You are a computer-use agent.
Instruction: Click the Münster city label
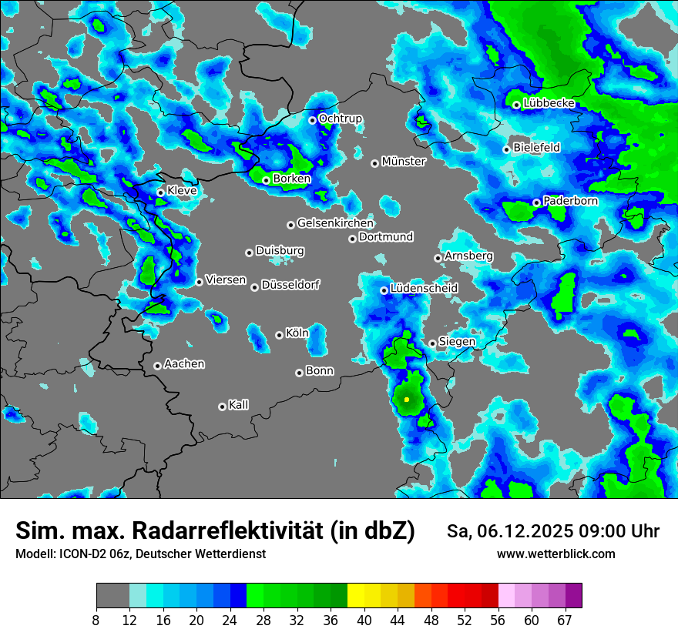(404, 162)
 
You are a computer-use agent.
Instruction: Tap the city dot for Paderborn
(536, 202)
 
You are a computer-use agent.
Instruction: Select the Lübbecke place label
(549, 103)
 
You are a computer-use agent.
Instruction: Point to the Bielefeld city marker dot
(506, 149)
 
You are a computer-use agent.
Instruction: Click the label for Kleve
(182, 190)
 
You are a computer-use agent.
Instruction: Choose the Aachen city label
(184, 363)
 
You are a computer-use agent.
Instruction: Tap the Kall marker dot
(222, 406)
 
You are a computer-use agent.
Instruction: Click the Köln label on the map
(297, 333)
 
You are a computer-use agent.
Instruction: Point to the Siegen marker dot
(432, 343)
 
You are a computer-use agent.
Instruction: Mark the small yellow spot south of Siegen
(407, 400)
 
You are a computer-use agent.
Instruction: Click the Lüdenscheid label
(424, 288)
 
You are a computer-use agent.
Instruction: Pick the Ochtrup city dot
(312, 120)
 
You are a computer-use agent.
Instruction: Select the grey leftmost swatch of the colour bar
(112, 596)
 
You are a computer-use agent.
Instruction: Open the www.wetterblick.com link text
(556, 554)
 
